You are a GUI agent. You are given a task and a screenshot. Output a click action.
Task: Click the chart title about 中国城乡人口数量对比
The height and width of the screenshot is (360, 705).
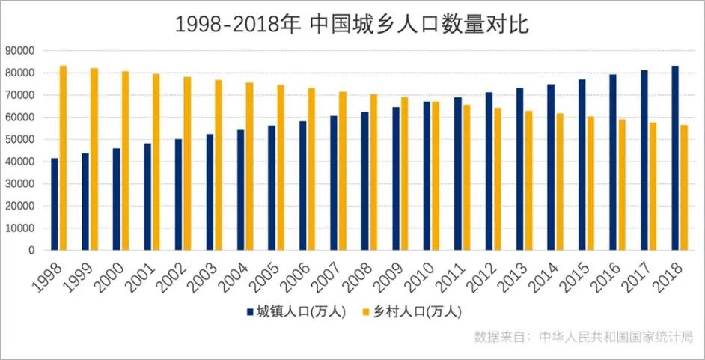(352, 24)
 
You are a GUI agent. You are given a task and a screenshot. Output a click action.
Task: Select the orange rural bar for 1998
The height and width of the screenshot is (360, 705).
(64, 158)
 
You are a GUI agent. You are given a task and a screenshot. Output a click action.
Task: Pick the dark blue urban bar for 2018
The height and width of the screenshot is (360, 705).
(675, 158)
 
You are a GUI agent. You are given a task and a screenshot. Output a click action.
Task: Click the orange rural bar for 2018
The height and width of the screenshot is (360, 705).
(684, 188)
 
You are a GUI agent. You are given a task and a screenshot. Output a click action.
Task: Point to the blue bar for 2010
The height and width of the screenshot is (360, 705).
(427, 176)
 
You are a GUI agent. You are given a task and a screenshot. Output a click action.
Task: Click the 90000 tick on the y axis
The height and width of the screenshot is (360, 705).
(20, 51)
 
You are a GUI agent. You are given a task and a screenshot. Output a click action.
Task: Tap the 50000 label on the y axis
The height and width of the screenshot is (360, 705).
(20, 140)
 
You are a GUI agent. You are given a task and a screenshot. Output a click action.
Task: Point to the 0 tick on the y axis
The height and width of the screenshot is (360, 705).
(32, 251)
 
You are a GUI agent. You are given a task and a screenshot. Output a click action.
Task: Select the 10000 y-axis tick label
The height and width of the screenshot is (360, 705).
(20, 228)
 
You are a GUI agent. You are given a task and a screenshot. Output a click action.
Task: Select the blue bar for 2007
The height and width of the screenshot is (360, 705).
(334, 183)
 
